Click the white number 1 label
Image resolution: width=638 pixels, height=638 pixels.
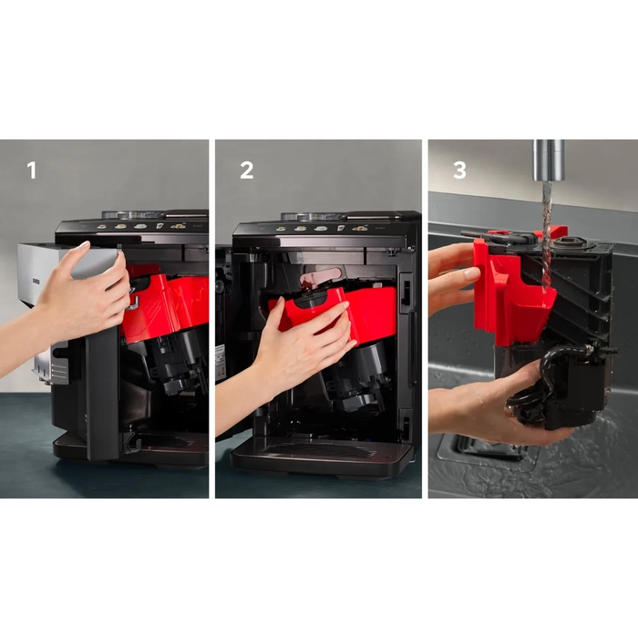click(32, 170)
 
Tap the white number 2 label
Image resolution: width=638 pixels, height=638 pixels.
click(247, 170)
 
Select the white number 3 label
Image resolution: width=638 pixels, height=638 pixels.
click(459, 170)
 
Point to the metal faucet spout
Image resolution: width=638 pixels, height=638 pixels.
click(549, 159)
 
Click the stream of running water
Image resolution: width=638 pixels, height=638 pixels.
click(547, 236)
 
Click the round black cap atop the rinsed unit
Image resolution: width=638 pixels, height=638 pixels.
click(570, 245)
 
